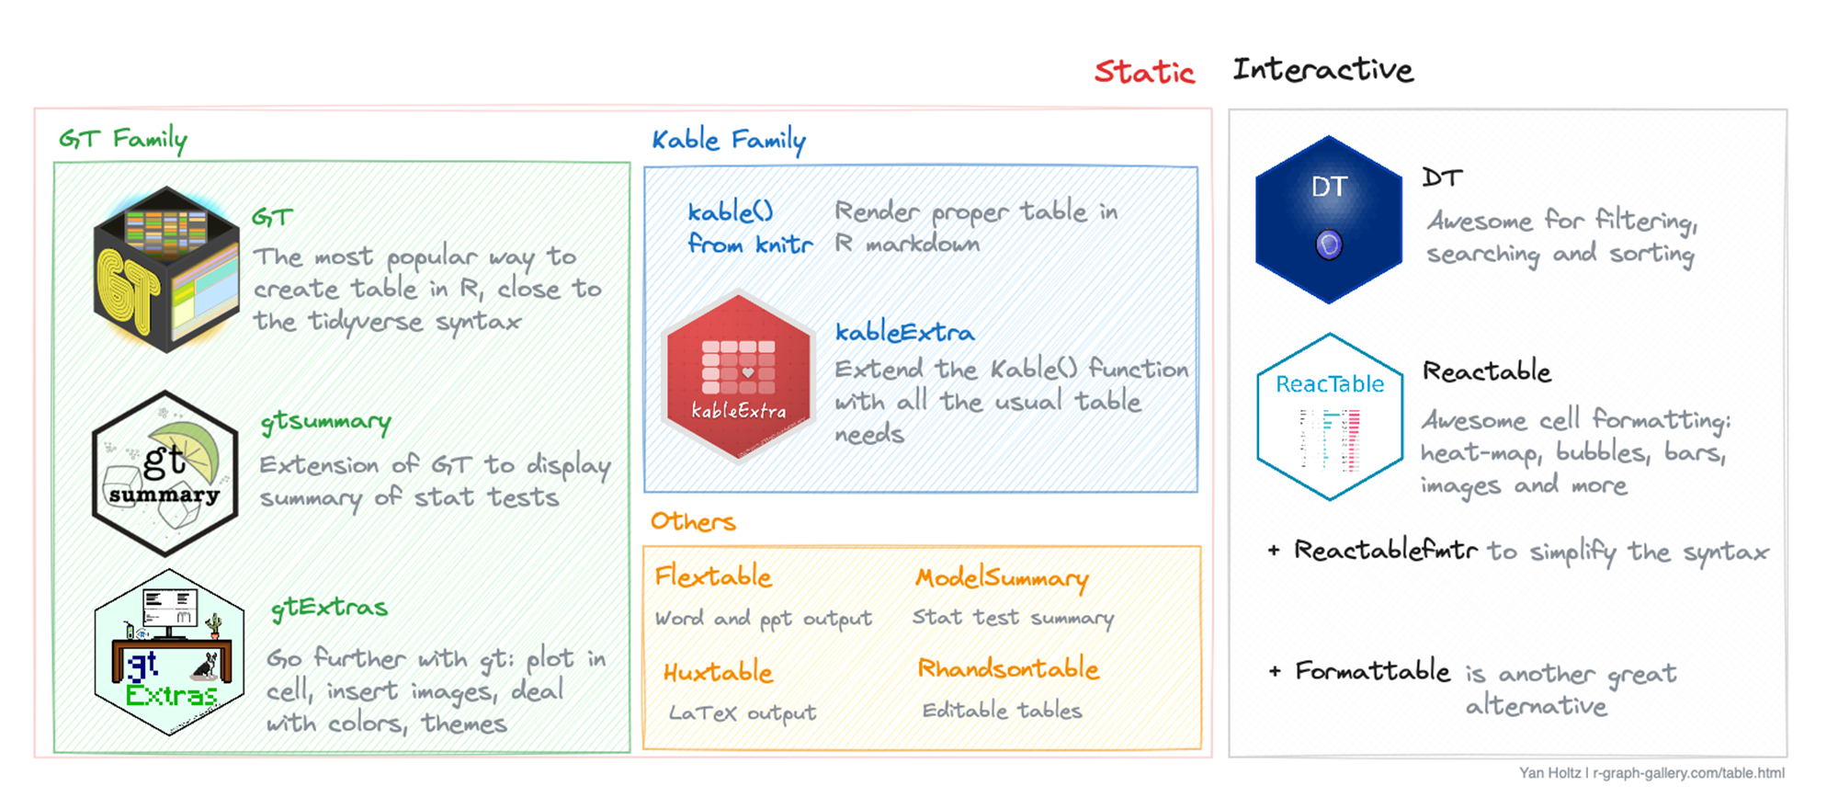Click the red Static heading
1144,72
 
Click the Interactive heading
1322,70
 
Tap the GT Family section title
123,140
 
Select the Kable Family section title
729,141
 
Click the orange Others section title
693,522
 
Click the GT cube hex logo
166,269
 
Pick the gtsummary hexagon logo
165,473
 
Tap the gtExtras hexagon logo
169,653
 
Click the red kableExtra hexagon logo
739,375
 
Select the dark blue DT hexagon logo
1329,220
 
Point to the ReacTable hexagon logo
1330,416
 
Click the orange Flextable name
713,576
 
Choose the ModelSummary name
1002,578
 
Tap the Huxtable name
718,673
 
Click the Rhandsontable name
1008,669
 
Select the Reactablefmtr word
1386,551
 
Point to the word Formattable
1373,671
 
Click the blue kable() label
731,212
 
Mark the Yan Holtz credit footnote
1651,773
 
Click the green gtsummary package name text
326,422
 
